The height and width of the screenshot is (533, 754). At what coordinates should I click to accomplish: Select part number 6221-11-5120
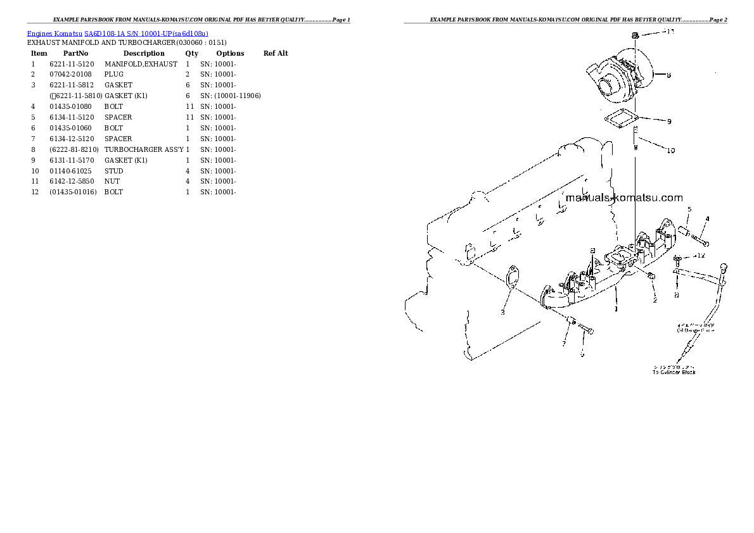click(x=72, y=64)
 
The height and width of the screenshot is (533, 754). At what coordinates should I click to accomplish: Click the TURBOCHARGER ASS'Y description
click(x=144, y=149)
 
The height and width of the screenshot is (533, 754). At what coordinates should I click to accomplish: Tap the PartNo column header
click(x=76, y=53)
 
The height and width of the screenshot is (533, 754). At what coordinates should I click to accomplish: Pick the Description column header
click(x=144, y=53)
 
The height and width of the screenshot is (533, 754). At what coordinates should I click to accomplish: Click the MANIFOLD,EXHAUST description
click(x=141, y=64)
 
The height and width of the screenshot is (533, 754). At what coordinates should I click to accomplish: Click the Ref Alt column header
click(x=276, y=53)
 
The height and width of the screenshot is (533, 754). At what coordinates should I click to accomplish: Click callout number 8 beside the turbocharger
click(x=668, y=75)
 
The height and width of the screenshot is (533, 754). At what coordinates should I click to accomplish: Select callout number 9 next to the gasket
click(x=669, y=122)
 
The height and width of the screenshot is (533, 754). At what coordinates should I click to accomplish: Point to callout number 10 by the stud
click(x=670, y=151)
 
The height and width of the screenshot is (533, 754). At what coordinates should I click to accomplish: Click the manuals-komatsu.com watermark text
click(x=623, y=198)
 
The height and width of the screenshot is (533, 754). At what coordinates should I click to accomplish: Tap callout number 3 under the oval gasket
click(x=502, y=312)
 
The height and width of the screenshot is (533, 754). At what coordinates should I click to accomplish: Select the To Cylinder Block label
click(x=674, y=372)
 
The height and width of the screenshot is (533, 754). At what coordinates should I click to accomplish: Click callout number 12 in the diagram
click(x=700, y=256)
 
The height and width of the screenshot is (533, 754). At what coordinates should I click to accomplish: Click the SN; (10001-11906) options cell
click(x=231, y=96)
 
